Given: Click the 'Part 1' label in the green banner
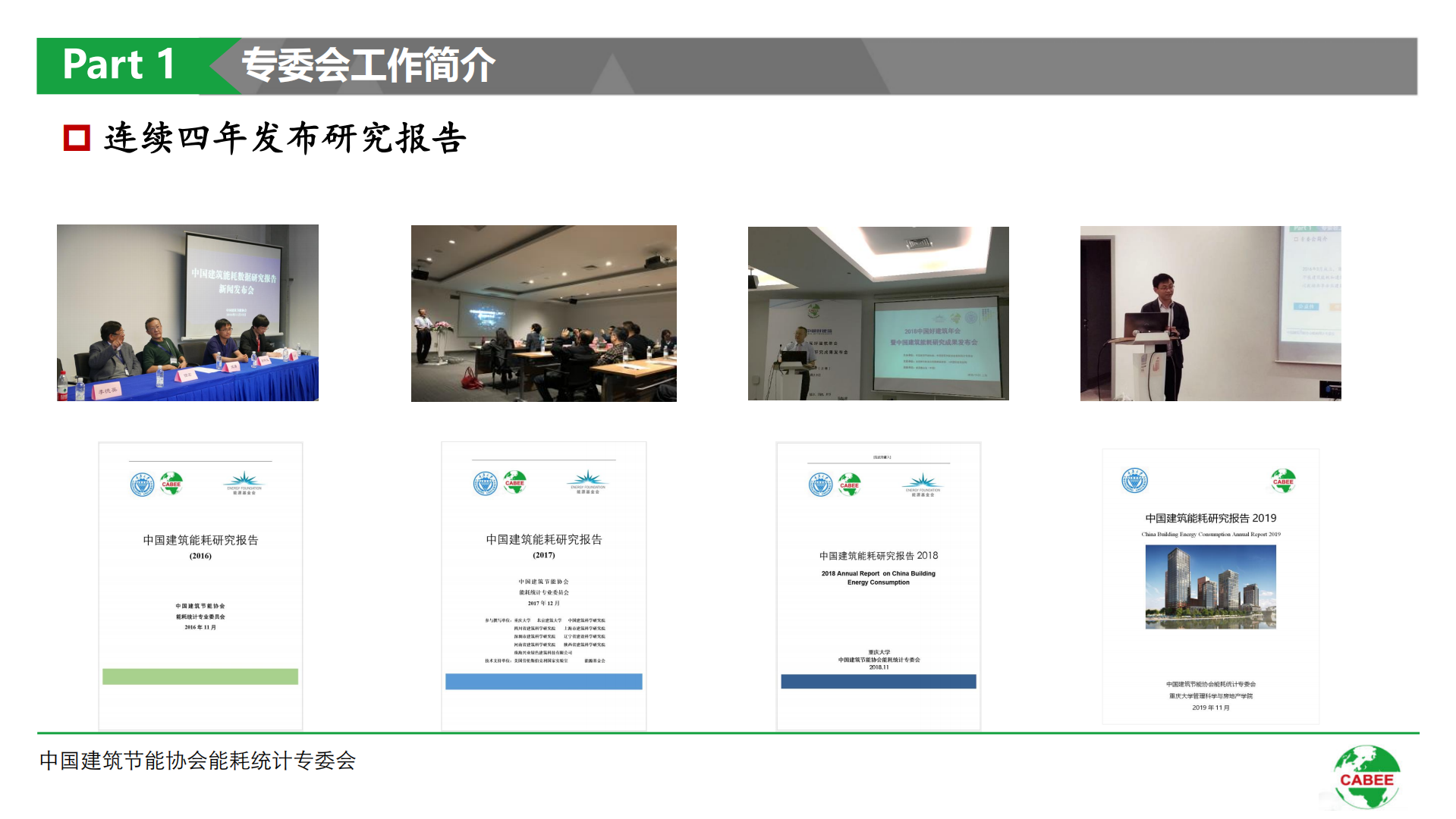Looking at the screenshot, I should point(119,64).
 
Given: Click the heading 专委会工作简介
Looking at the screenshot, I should point(368,65).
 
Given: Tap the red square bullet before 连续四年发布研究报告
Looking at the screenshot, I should point(77,138).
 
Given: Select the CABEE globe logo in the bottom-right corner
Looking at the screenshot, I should point(1366,777).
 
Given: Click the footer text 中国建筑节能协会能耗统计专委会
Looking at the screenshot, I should point(197,761).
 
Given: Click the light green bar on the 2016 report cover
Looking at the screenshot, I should point(200,676).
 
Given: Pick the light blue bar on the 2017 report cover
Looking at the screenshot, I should point(543,681).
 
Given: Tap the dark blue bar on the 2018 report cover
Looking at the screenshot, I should point(878,681).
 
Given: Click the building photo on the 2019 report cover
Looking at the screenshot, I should point(1210,587).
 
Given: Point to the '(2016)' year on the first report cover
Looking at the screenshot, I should point(200,556).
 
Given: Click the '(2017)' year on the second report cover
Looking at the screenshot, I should point(543,555).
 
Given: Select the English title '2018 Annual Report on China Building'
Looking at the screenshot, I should point(878,573).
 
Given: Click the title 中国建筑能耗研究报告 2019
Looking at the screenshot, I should point(1210,518).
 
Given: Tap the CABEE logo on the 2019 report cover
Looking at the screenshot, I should point(1283,481).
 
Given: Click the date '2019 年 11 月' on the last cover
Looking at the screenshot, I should point(1210,708).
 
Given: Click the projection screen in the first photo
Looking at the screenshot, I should point(234,284).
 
